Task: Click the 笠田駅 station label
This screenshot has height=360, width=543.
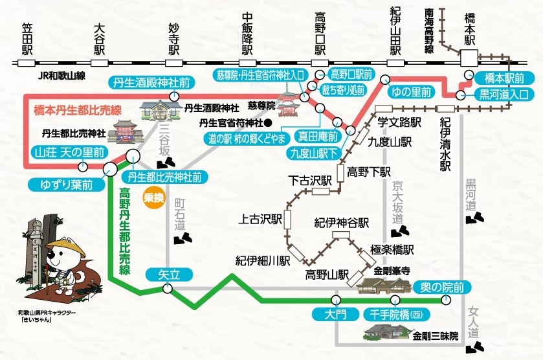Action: click(x=27, y=38)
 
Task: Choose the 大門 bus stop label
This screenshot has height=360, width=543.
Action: click(x=336, y=315)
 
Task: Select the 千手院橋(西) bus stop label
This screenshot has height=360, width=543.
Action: click(x=394, y=315)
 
